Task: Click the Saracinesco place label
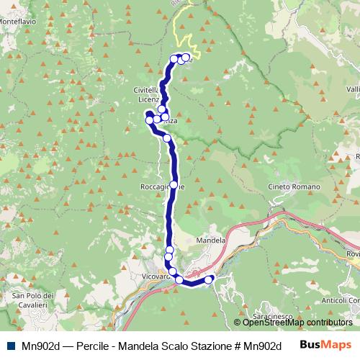pos(272,315)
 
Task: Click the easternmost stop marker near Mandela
pos(210,279)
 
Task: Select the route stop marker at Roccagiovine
pos(173,185)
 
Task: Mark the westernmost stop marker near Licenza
pos(150,120)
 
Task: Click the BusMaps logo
pos(321,345)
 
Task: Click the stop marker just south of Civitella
pos(162,109)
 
